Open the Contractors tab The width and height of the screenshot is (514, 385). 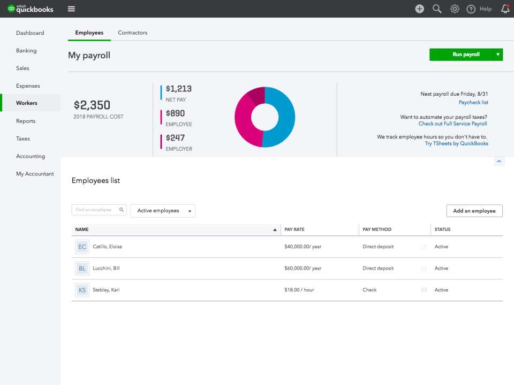click(x=132, y=33)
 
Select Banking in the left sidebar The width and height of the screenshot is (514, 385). click(x=26, y=51)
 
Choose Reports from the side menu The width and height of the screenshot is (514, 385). click(x=26, y=121)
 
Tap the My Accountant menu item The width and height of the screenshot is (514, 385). click(x=35, y=174)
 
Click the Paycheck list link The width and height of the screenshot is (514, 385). click(x=473, y=102)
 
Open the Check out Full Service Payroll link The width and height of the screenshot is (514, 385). click(x=452, y=124)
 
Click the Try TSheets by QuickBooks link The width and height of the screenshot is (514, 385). click(x=456, y=143)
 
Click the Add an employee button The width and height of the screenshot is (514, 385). click(x=474, y=211)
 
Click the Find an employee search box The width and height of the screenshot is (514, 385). click(x=96, y=210)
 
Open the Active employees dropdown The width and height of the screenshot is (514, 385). click(x=163, y=211)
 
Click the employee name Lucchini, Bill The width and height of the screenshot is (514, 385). click(x=106, y=268)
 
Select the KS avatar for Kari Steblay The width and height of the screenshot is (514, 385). click(x=82, y=290)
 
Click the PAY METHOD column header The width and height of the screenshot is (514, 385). click(x=377, y=229)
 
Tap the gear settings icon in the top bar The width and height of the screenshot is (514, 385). click(x=455, y=9)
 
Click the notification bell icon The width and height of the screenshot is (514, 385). click(x=505, y=9)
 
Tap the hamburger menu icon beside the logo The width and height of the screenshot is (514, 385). click(x=71, y=9)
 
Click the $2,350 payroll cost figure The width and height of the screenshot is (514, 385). click(x=92, y=105)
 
